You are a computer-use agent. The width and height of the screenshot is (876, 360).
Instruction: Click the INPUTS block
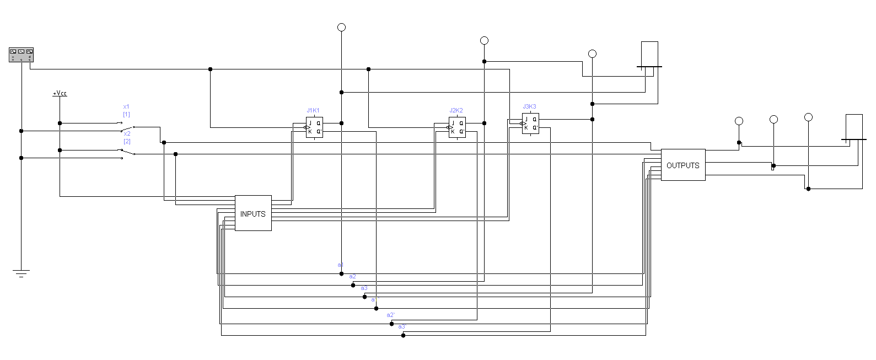click(x=253, y=213)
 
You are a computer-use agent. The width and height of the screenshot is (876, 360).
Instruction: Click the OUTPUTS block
click(x=682, y=165)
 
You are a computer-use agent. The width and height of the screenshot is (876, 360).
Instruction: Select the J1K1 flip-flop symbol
click(x=314, y=127)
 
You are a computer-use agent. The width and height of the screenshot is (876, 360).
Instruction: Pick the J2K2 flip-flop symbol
click(x=457, y=127)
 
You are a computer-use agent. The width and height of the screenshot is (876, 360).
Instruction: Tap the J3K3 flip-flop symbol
click(x=530, y=123)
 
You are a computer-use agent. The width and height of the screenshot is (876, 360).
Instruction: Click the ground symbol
click(x=22, y=273)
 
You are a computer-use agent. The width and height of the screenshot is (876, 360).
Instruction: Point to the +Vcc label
click(x=60, y=94)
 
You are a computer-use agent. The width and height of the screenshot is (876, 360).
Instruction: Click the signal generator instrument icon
click(x=22, y=55)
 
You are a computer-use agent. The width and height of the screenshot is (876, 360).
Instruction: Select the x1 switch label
click(x=126, y=106)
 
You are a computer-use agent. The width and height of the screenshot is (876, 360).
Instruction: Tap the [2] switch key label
click(x=127, y=142)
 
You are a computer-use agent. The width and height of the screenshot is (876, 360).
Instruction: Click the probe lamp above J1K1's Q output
click(x=341, y=27)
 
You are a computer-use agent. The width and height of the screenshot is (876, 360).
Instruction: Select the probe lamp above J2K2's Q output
click(x=484, y=40)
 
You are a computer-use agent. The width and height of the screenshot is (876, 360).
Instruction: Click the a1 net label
click(x=341, y=265)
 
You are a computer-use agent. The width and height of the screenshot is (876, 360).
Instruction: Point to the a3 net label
click(x=364, y=288)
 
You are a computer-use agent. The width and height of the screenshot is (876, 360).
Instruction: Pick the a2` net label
click(x=390, y=315)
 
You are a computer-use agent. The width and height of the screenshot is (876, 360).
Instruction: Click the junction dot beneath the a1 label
click(x=341, y=273)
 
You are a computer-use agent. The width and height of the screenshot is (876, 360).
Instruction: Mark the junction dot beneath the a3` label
click(x=403, y=335)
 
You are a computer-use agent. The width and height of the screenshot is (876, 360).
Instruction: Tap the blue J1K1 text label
click(x=313, y=110)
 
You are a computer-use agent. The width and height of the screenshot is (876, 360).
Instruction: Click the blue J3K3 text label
click(x=529, y=106)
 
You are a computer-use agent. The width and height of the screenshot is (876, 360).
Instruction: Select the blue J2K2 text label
click(x=456, y=110)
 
